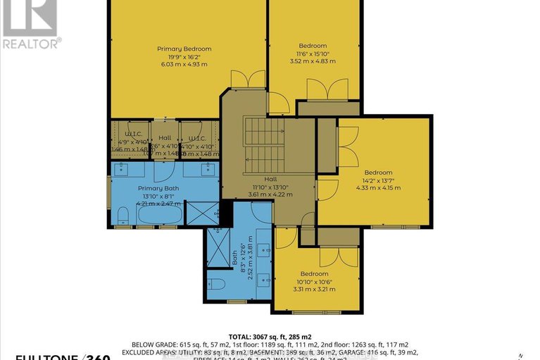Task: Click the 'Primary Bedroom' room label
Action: click(184, 49)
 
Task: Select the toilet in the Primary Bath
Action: click(122, 214)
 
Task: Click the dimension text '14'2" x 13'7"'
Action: click(378, 179)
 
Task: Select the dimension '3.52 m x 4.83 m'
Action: click(312, 61)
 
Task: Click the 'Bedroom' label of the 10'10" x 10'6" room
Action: click(314, 273)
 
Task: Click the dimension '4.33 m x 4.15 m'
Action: click(378, 187)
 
